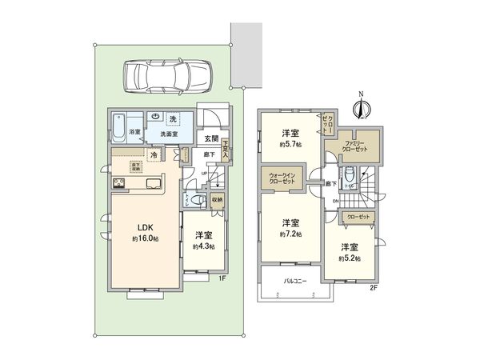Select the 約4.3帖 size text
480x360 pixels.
[203, 246]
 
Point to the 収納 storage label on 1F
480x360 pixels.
[217, 200]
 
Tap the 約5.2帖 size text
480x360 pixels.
[350, 258]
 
